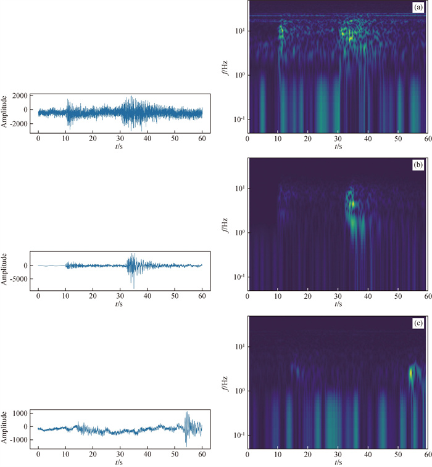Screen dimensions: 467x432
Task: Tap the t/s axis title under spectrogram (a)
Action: (x=338, y=147)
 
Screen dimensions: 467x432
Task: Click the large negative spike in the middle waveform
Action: (x=133, y=286)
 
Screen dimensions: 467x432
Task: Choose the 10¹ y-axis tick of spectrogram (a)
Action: (x=238, y=30)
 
